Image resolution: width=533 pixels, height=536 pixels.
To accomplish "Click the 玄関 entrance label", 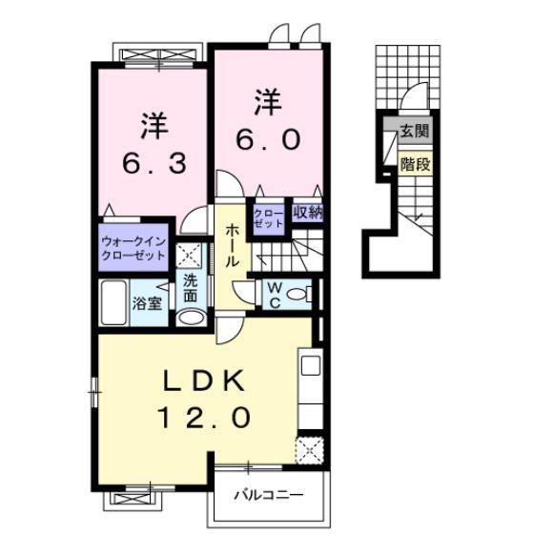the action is point(415,131).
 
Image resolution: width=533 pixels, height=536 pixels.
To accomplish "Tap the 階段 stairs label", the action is point(415,164).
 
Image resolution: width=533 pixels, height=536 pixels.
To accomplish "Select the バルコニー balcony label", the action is point(269,495).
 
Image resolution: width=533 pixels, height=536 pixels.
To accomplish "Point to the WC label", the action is point(275,296).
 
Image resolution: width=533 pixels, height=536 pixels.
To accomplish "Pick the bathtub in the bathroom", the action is point(113,302).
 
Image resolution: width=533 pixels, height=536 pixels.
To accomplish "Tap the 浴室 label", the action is point(147,303).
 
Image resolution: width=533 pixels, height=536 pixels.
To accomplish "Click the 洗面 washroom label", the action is point(191,289).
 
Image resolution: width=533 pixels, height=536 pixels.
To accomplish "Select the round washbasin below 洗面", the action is point(192,318).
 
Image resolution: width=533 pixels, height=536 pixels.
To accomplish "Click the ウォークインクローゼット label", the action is point(133,249).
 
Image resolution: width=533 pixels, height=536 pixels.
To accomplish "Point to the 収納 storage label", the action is point(307,214).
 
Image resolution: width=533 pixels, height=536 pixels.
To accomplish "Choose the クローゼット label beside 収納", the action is point(269,218).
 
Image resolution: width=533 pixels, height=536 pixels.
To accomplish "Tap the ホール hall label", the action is point(233,245).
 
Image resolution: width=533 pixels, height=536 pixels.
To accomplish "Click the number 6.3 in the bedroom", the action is point(154,163).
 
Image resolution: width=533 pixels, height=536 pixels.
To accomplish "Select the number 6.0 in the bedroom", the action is point(269,139).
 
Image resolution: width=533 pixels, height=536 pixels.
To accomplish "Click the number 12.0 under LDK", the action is point(204,418).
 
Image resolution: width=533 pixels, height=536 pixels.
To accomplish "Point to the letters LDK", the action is point(204,381).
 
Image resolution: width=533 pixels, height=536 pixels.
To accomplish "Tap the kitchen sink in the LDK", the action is point(311,365).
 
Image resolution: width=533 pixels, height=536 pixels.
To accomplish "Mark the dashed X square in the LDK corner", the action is point(309,450).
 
